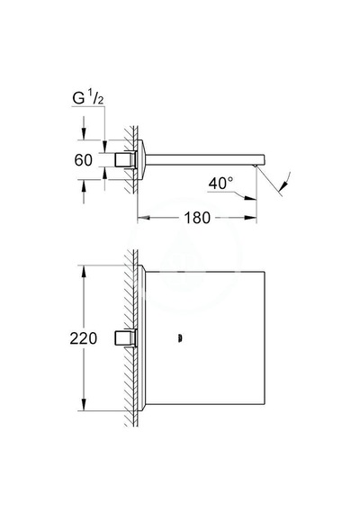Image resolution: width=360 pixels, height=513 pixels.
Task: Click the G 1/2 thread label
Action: click(87, 98)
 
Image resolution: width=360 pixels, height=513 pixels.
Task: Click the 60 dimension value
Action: click(84, 160)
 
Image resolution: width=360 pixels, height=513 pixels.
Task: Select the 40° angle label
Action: click(221, 183)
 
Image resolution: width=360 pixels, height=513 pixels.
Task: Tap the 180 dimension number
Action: click(197, 218)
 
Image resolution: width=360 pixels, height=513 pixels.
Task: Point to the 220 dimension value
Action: click(84, 338)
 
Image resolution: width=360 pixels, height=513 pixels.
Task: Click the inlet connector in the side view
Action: click(125, 160)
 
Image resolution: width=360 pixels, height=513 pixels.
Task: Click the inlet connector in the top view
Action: click(125, 337)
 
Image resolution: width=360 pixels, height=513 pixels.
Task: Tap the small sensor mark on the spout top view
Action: click(179, 338)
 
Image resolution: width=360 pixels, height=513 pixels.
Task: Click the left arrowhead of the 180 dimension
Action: click(143, 218)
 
